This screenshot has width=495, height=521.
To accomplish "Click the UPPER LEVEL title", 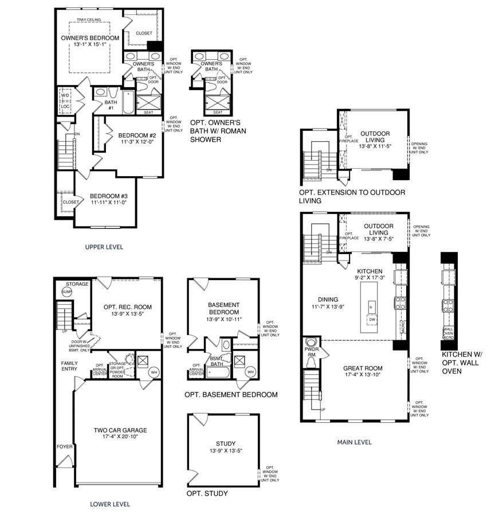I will [x=104, y=247].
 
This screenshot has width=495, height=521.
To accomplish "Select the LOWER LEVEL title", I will [x=110, y=504].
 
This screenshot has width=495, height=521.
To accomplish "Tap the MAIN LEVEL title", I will [x=353, y=442].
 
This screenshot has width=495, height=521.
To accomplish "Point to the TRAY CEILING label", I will [x=89, y=20].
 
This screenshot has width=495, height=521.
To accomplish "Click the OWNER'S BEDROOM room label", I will [x=90, y=38].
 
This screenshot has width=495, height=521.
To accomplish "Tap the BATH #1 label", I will [x=111, y=106].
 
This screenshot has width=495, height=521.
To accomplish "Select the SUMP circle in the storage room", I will [x=66, y=292].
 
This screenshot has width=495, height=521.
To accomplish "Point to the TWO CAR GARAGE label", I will [x=120, y=430].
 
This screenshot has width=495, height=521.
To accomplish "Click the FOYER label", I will [x=64, y=446].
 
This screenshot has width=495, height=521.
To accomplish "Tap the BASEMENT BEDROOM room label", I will [x=223, y=308].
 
